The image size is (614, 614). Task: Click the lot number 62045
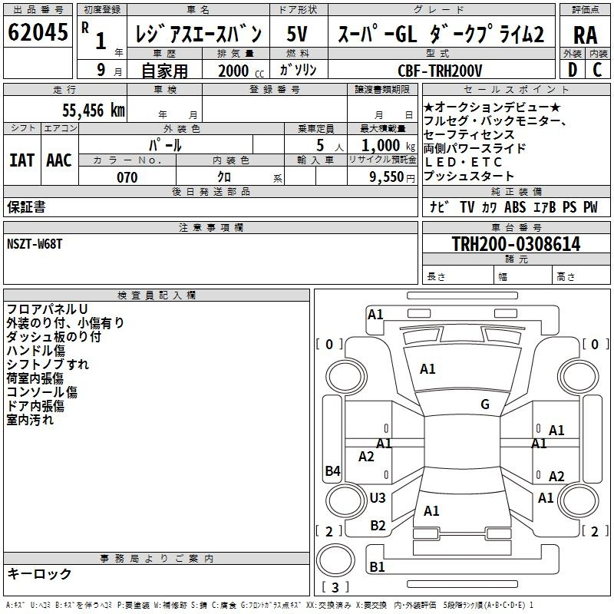pyautogui.click(x=37, y=34)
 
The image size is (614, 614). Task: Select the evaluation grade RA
pyautogui.click(x=585, y=35)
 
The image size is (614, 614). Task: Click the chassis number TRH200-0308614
pyautogui.click(x=516, y=244)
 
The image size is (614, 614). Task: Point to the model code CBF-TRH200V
pyautogui.click(x=441, y=71)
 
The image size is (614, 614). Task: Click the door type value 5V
pyautogui.click(x=298, y=35)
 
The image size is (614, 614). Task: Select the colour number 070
pyautogui.click(x=127, y=177)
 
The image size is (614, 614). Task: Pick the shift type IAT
pyautogui.click(x=21, y=160)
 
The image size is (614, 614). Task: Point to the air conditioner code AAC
pyautogui.click(x=59, y=160)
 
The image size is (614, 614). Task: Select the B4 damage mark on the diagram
pyautogui.click(x=332, y=471)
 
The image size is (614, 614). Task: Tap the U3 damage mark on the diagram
pyautogui.click(x=378, y=498)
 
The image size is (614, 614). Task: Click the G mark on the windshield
pyautogui.click(x=485, y=404)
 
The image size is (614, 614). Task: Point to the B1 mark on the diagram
pyautogui.click(x=378, y=566)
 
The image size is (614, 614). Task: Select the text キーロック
pyautogui.click(x=39, y=573)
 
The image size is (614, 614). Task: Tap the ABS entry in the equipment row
pyautogui.click(x=516, y=207)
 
